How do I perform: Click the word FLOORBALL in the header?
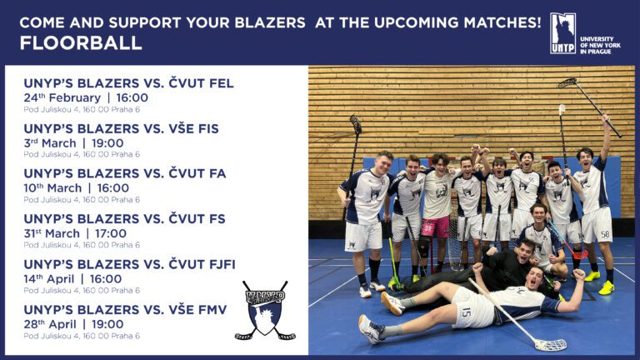tap(81, 42)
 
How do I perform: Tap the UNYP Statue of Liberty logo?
tap(562, 33)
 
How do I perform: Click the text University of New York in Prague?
tap(600, 45)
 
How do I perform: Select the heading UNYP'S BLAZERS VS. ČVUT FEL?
tap(128, 82)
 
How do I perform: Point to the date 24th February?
tap(62, 98)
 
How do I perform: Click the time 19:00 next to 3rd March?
tap(107, 143)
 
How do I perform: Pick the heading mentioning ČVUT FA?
tap(124, 173)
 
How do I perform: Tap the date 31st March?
tap(52, 233)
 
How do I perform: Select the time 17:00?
tap(111, 233)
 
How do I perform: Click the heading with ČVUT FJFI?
tap(129, 264)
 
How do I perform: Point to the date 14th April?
tap(49, 279)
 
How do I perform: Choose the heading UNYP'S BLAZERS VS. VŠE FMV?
tap(125, 309)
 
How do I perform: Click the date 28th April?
tap(50, 324)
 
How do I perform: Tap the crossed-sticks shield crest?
tap(265, 310)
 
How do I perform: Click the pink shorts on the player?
tap(435, 227)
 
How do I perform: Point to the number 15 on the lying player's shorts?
tap(466, 313)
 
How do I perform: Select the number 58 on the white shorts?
tap(605, 234)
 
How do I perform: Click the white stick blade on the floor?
tap(550, 345)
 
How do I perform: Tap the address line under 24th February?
tap(82, 109)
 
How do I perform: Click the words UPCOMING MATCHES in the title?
tap(457, 22)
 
